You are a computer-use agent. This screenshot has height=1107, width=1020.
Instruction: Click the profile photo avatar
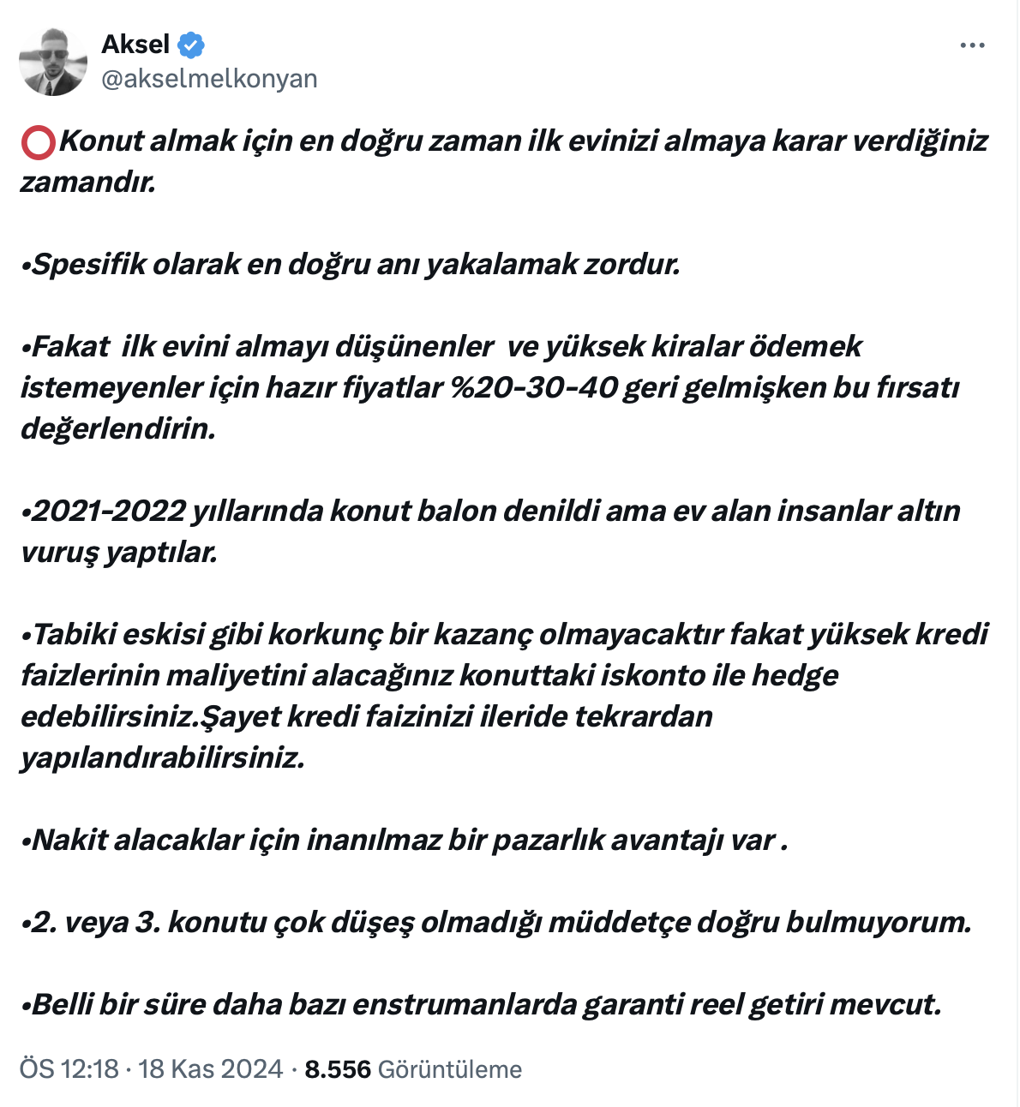[53, 62]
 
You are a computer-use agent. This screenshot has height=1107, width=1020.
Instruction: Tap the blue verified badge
[190, 45]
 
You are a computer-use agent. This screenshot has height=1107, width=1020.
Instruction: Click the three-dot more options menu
[972, 45]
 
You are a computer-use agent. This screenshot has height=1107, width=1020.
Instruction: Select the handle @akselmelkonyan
[209, 79]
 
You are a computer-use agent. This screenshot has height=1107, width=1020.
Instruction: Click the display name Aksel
[135, 45]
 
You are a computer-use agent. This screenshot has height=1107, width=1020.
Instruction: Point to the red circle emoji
[39, 142]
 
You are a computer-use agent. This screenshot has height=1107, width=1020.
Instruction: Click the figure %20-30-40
[533, 387]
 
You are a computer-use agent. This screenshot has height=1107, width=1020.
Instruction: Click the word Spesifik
[89, 264]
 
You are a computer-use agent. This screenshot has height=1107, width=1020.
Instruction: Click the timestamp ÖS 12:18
[69, 1069]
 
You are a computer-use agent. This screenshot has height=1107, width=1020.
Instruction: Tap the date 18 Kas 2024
[210, 1069]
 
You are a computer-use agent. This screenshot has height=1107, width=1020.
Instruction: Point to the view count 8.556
[338, 1069]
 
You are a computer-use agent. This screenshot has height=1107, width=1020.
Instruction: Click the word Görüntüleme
[449, 1069]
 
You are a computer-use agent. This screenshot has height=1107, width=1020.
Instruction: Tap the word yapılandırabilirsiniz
[163, 757]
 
